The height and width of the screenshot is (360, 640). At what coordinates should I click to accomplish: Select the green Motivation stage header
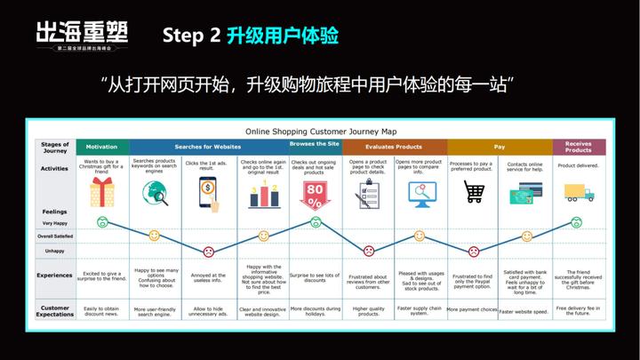[101, 147]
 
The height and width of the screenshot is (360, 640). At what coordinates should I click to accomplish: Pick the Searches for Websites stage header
[207, 147]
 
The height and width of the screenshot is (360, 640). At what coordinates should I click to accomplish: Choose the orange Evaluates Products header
[394, 147]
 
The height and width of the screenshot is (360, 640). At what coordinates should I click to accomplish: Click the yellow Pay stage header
[499, 147]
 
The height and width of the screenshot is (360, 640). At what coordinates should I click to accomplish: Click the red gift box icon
[103, 192]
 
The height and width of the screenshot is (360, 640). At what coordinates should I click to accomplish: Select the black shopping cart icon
[474, 191]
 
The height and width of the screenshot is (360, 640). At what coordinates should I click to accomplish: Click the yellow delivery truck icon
[578, 192]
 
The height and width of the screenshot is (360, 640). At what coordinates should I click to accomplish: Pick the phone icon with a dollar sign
[208, 192]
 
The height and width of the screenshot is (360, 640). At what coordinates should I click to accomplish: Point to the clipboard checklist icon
[367, 192]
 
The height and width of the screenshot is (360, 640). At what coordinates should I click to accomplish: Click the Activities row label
[54, 167]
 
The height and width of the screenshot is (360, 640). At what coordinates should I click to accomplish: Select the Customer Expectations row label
[54, 309]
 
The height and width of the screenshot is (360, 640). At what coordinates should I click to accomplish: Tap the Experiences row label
[54, 276]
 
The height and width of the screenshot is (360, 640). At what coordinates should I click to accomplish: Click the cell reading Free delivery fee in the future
[578, 309]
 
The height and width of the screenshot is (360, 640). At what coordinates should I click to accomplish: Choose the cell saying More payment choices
[472, 310]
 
